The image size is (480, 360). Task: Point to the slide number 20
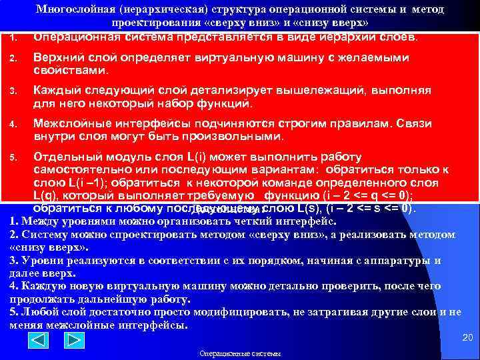pyautogui.click(x=467, y=339)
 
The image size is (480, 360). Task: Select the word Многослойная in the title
pyautogui.click(x=71, y=11)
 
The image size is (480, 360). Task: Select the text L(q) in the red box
pyautogui.click(x=46, y=195)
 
